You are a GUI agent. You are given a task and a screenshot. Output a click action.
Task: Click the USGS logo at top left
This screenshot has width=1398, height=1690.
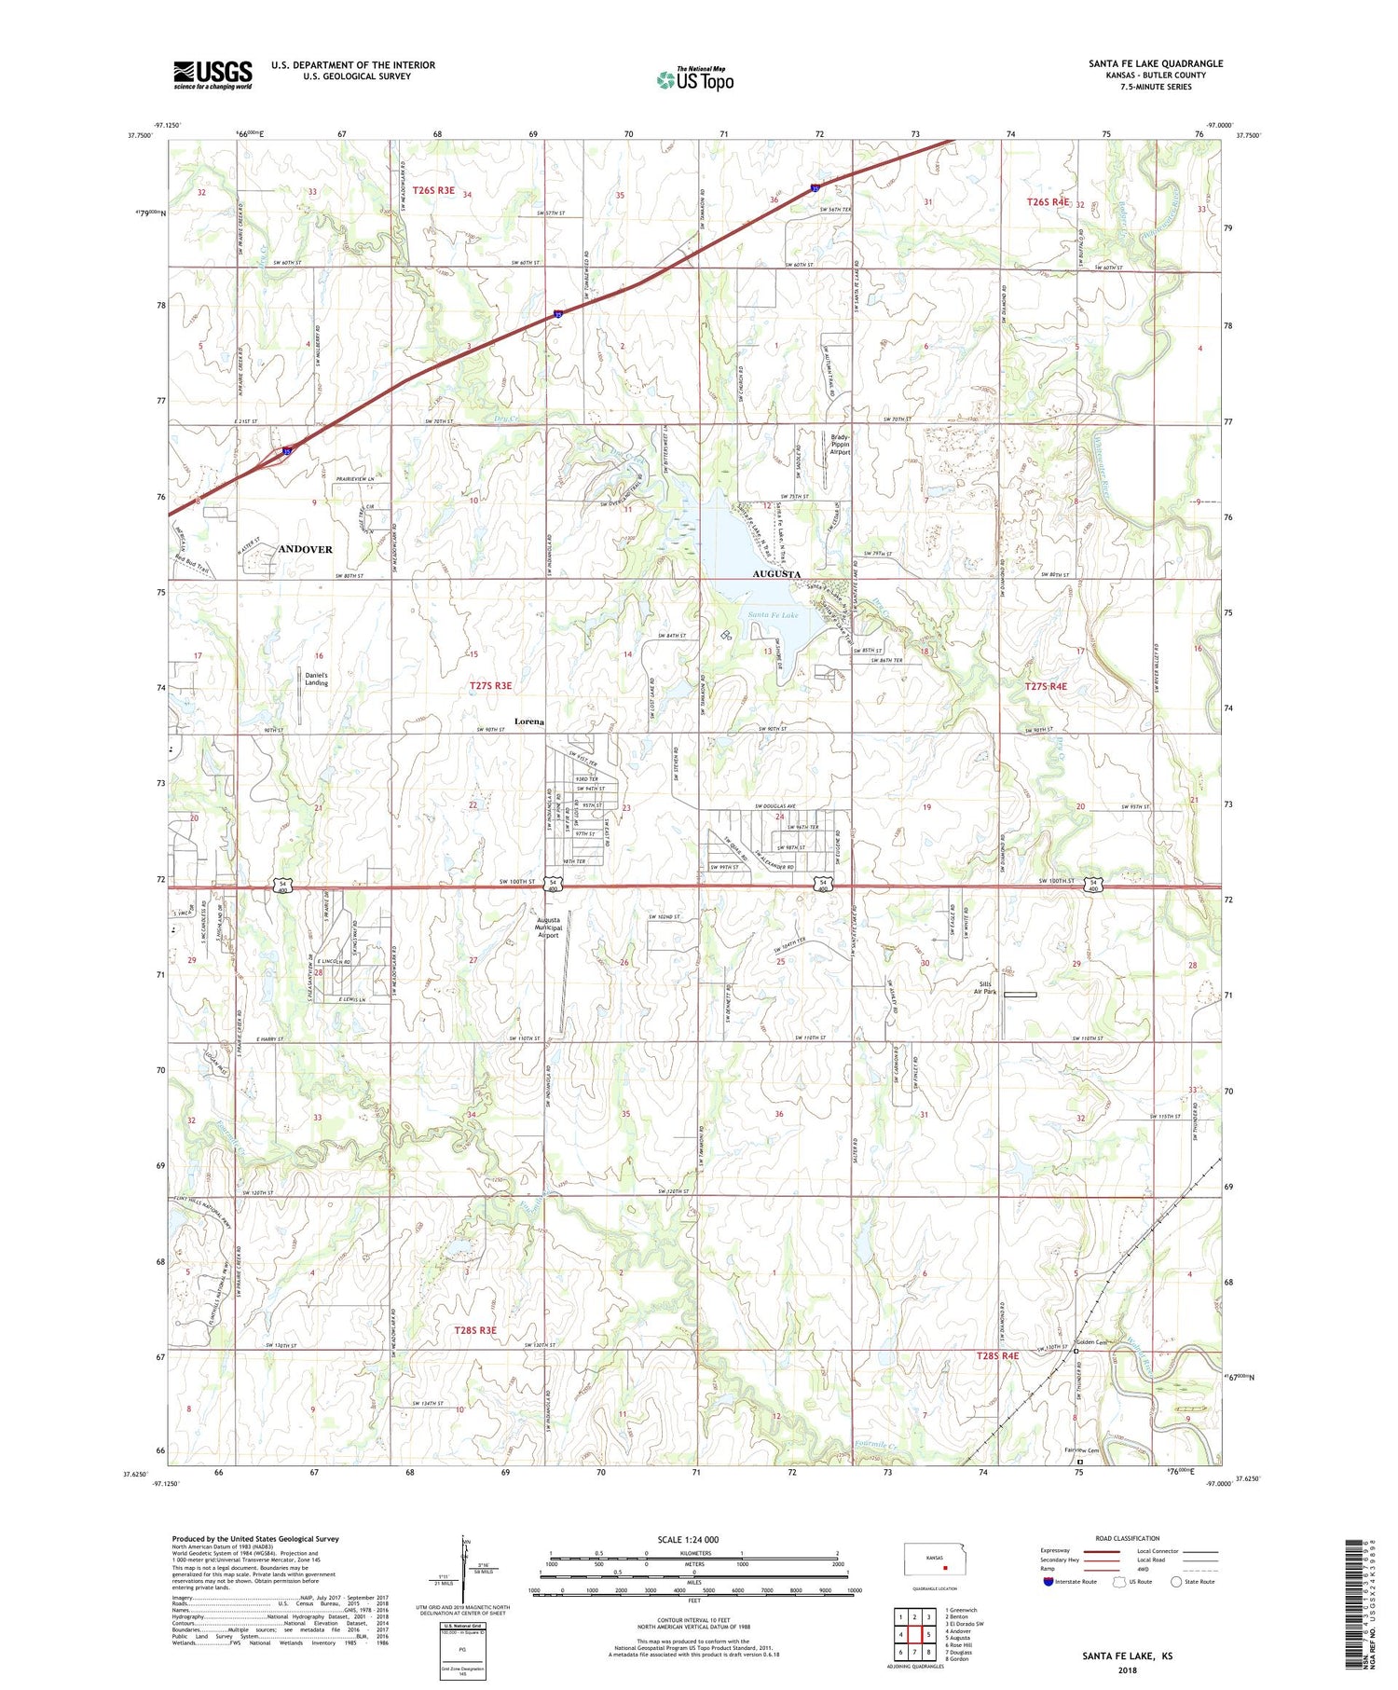click(x=212, y=75)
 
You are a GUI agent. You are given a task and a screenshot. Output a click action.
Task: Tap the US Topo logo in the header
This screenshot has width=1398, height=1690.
click(x=694, y=79)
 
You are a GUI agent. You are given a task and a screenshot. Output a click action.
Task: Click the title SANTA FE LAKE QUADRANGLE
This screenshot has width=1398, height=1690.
click(x=1155, y=63)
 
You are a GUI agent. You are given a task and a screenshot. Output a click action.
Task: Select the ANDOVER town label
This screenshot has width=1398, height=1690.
click(x=305, y=550)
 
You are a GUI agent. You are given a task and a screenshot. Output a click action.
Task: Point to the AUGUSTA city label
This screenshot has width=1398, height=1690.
click(x=776, y=575)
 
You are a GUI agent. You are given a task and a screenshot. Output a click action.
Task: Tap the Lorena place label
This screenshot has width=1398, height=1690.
click(x=528, y=722)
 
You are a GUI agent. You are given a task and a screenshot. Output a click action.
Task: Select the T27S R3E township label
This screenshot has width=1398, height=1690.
click(x=490, y=685)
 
